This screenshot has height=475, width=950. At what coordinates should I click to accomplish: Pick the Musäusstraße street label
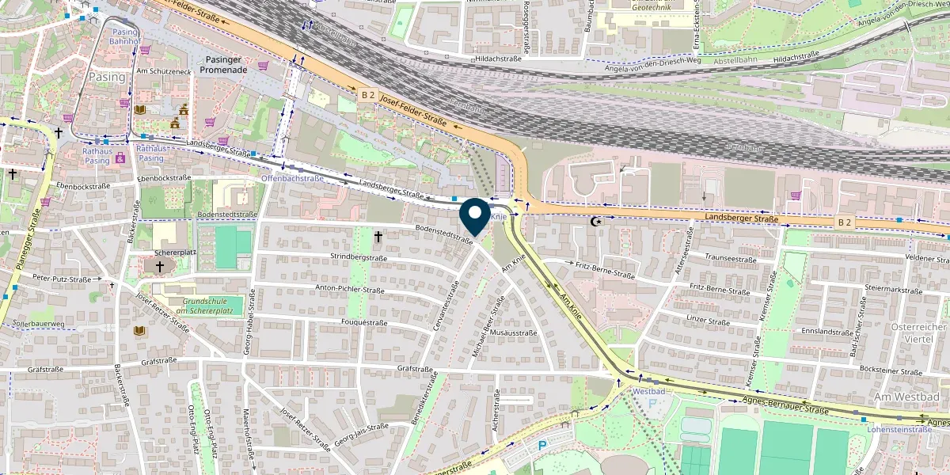(x=513, y=332)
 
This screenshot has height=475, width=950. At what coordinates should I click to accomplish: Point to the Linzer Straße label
(x=708, y=322)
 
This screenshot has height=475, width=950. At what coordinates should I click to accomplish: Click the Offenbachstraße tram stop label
(x=292, y=179)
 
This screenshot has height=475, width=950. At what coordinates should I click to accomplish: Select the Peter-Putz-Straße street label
(x=63, y=279)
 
